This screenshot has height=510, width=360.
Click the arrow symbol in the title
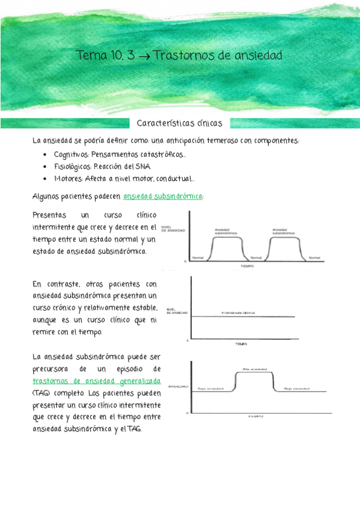coord(144,57)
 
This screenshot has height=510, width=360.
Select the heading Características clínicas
coord(180,123)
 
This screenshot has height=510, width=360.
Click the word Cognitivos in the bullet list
coord(72,155)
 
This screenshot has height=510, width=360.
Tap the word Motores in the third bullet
coord(67,179)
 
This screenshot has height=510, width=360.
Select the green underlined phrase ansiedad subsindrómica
coord(163,196)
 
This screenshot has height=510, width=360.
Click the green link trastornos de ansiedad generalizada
coord(97,381)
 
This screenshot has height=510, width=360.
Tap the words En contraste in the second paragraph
coord(55,284)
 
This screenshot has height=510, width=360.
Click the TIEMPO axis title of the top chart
coord(247,265)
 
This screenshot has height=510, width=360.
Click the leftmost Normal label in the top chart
coord(198,257)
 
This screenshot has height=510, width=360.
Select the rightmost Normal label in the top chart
coord(313,257)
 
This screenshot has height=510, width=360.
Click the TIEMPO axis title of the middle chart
coord(241,345)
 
